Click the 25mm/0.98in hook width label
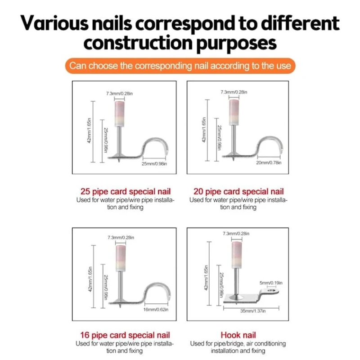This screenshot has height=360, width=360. pyautogui.click(x=154, y=164)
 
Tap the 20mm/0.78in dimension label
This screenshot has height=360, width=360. pyautogui.click(x=269, y=162)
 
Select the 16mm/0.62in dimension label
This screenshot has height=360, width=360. pyautogui.click(x=156, y=310)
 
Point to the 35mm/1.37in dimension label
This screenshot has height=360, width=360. pyautogui.click(x=253, y=311)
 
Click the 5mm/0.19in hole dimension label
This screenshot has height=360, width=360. pyautogui.click(x=271, y=283)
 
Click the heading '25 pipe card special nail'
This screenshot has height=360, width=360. pyautogui.click(x=126, y=192)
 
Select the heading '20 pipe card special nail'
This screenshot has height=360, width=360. pyautogui.click(x=238, y=192)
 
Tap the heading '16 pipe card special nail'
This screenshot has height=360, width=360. pyautogui.click(x=125, y=335)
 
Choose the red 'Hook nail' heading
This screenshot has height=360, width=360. pyautogui.click(x=238, y=335)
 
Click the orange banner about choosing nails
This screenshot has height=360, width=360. pyautogui.click(x=180, y=66)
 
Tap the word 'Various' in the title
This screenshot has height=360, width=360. pyautogui.click(x=54, y=23)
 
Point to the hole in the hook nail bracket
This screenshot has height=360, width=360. pyautogui.click(x=272, y=291)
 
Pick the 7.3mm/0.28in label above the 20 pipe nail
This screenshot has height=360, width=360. pyautogui.click(x=234, y=92)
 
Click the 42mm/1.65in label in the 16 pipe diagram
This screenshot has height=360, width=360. pyautogui.click(x=90, y=279)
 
